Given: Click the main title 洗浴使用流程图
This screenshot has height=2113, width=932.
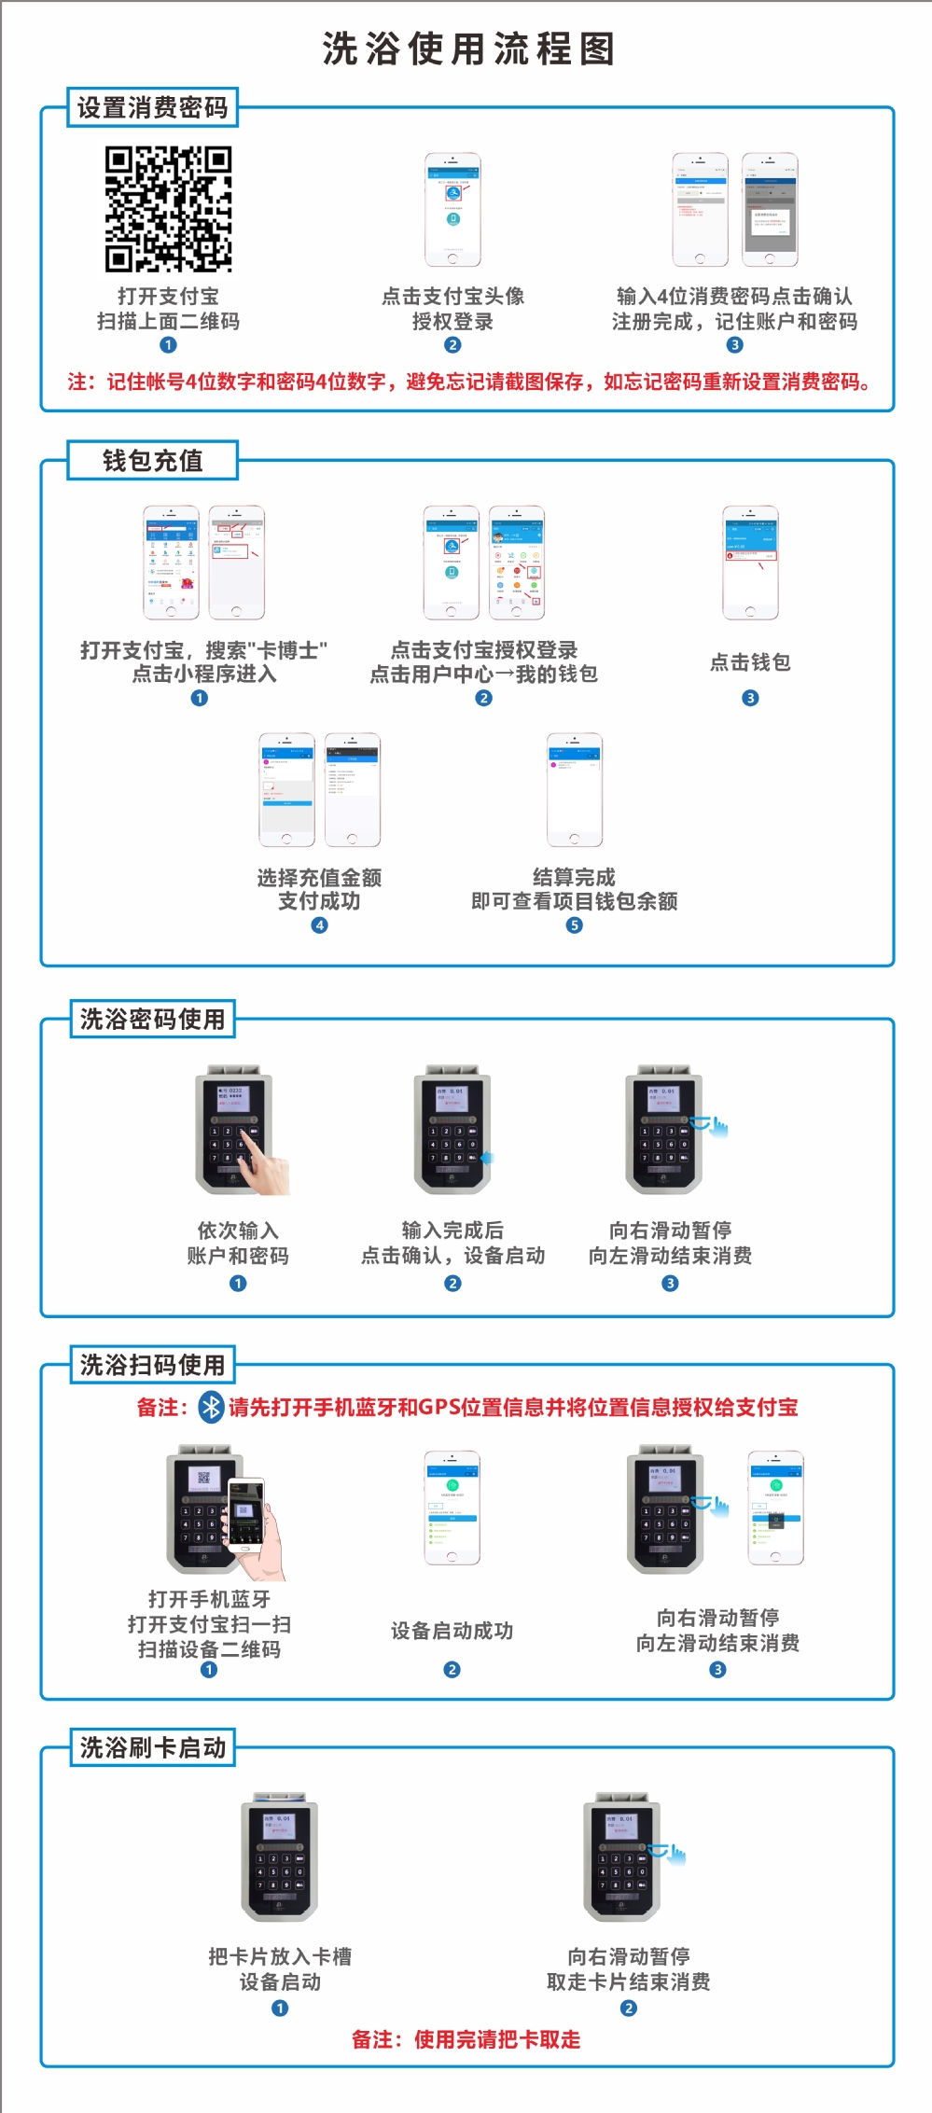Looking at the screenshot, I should coord(468,49).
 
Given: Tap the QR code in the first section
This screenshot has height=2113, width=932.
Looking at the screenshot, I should coord(168,209).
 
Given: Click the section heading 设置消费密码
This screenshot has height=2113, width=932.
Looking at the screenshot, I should coord(153,108).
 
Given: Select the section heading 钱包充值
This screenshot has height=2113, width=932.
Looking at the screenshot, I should coord(153,461).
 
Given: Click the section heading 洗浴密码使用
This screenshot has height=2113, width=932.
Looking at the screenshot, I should coord(153,1019).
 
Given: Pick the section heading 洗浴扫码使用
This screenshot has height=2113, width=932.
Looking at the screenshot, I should coord(153,1365).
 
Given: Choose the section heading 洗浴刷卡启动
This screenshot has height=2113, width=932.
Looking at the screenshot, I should coord(153,1747).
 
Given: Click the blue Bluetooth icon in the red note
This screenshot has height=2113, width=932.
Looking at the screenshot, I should coord(212,1407).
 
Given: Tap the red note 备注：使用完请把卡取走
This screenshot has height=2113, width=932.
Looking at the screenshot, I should coord(466,2039).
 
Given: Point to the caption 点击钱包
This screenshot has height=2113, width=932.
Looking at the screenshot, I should coord(750,662).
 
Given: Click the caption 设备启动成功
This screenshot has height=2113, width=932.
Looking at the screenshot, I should coord(452,1631).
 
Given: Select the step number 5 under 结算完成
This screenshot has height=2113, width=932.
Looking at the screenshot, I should coord(575,925).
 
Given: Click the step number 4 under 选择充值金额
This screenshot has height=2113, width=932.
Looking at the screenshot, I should coord(319,925).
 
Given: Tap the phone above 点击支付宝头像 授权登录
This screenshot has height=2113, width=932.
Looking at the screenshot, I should coord(452,210).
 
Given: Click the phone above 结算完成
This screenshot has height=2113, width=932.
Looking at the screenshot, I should coord(574,789).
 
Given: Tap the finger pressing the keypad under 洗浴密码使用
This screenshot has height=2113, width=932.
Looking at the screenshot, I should coord(261,1166).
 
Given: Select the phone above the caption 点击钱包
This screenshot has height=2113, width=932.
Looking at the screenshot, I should coord(750,563).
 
